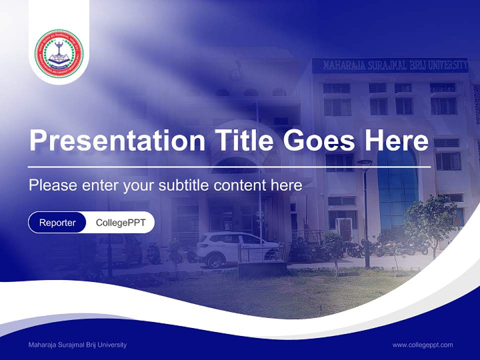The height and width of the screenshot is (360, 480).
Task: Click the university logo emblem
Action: coord(59,53)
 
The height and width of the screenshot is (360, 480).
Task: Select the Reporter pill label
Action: coord(57,222)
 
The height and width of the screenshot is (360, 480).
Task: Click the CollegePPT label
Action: coord(120,222)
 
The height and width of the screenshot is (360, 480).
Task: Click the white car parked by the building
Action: coord(235,248)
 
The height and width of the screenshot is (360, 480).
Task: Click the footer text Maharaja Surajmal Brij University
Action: coord(77,345)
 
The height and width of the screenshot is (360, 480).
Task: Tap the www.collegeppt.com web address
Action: coord(422,345)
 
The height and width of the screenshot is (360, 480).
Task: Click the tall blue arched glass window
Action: coord(397,185)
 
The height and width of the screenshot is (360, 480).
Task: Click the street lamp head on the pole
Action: coord(364,162)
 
